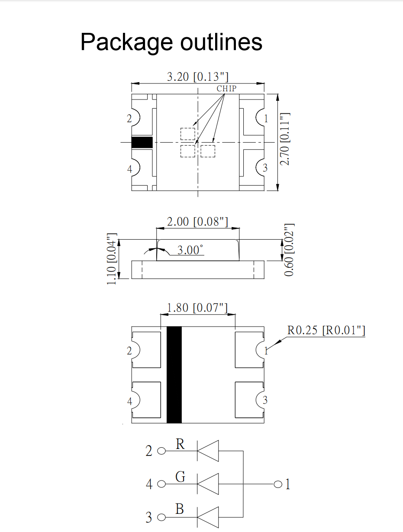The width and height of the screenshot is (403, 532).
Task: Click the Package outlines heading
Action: point(171,42)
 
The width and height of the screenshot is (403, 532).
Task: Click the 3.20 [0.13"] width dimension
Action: point(198,77)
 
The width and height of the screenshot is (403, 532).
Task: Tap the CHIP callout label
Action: point(226,88)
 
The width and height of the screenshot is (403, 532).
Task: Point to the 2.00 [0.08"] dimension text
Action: point(197,222)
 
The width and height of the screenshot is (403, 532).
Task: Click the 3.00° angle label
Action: point(190,250)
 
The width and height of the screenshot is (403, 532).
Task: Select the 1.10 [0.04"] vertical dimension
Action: point(112,259)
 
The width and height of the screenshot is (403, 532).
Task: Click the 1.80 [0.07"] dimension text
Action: point(197,308)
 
